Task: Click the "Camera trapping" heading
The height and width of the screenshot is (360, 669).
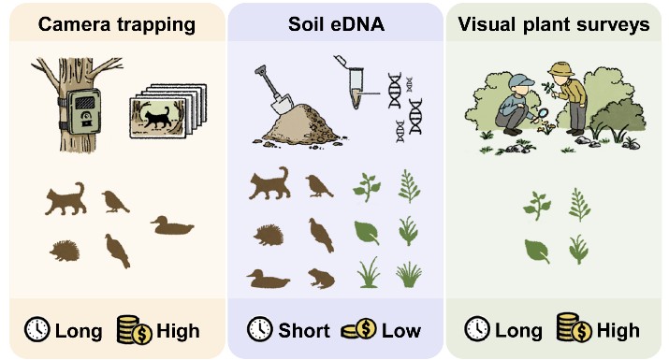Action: click(117, 25)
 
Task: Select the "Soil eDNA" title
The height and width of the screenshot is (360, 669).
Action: click(336, 24)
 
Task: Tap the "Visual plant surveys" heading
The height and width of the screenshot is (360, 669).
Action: click(554, 25)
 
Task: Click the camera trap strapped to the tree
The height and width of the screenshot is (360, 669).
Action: click(83, 112)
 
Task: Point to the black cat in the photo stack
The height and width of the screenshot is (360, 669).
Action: click(157, 118)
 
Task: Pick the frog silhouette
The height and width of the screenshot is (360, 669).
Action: click(322, 278)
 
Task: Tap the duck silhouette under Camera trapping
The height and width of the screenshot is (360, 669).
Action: click(172, 226)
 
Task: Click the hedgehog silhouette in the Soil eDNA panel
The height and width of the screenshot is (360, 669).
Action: click(269, 235)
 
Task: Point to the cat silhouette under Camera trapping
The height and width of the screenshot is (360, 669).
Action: click(65, 199)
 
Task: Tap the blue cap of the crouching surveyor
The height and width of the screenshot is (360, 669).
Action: click(522, 80)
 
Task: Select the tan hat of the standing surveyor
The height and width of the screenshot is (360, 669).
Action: click(561, 69)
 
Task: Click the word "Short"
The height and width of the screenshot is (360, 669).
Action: click(304, 331)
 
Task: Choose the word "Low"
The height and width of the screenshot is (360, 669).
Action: click(401, 331)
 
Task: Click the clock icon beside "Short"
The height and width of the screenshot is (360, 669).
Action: click(260, 329)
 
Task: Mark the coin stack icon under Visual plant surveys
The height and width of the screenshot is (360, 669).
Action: click(574, 328)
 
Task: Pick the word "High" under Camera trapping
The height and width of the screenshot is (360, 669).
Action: click(178, 331)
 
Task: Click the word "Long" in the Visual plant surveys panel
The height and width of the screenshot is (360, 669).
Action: click(518, 331)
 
